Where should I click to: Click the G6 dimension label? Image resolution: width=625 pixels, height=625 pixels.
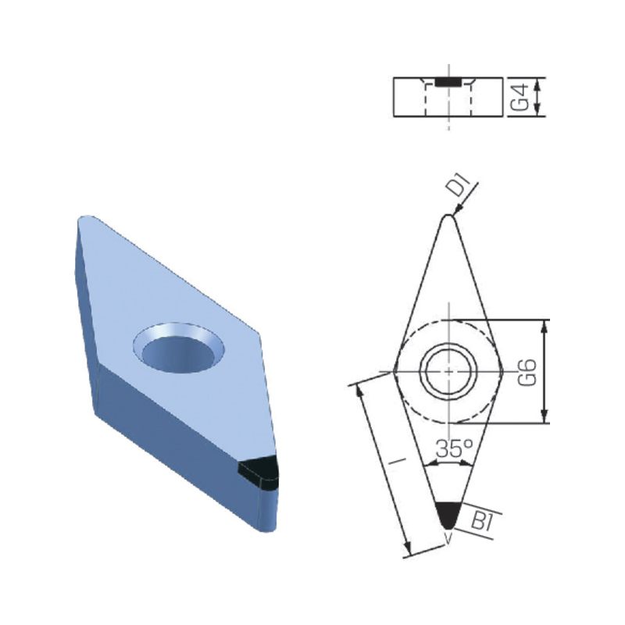coord(527,372)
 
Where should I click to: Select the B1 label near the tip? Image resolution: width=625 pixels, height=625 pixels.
coord(482,520)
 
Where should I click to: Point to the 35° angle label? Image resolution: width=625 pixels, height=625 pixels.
coord(454,448)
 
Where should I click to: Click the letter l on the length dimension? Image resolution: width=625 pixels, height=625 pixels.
coord(397,461)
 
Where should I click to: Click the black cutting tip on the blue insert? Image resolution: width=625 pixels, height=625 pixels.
coord(258,473)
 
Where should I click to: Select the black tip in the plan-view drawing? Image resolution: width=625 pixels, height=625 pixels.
coord(448,515)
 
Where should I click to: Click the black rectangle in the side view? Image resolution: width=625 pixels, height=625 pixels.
coord(448,82)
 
